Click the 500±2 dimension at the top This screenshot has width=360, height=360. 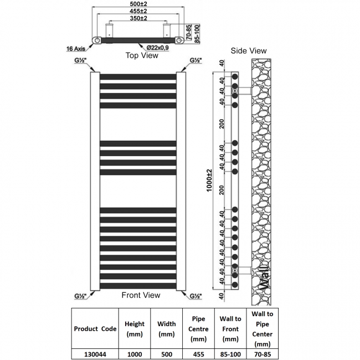[138, 4]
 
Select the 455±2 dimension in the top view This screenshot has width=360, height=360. [138, 11]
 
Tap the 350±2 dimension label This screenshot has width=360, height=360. [138, 18]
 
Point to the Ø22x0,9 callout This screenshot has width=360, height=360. [157, 48]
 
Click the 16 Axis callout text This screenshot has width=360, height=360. [76, 49]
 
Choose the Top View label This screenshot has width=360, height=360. [142, 55]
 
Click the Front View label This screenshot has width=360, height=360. [141, 295]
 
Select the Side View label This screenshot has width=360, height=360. [249, 51]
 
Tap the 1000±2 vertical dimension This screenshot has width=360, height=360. [209, 181]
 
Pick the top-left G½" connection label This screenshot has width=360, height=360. [80, 60]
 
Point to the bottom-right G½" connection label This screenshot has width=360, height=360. [196, 296]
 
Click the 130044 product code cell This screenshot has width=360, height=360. [95, 354]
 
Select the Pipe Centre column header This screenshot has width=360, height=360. [198, 329]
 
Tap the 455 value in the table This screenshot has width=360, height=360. [198, 354]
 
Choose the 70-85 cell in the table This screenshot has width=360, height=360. [262, 354]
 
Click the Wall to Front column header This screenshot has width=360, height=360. [230, 329]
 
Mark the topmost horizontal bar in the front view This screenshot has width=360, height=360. [138, 77]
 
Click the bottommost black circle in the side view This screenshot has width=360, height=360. [235, 285]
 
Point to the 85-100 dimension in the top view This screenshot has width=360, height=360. [197, 34]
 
